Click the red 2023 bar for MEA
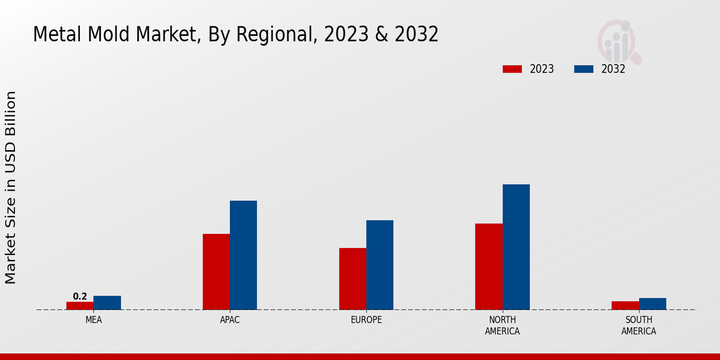point(80,305)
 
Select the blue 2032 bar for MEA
point(107,302)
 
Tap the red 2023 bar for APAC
point(216,271)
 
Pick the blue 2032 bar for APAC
point(243,255)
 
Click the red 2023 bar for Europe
point(352,278)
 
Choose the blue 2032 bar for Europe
point(380,265)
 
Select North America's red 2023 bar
point(488,266)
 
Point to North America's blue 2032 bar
point(516,247)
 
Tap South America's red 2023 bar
point(625,305)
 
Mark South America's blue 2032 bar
point(652,304)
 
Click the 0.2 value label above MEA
point(80,296)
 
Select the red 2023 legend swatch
point(512,69)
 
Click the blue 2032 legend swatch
point(583,69)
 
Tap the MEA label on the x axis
point(94,320)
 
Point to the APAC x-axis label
point(230,320)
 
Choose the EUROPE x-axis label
point(366,320)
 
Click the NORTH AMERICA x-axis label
point(502,325)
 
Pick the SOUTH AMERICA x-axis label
point(638,325)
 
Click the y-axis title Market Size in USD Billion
point(11,187)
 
